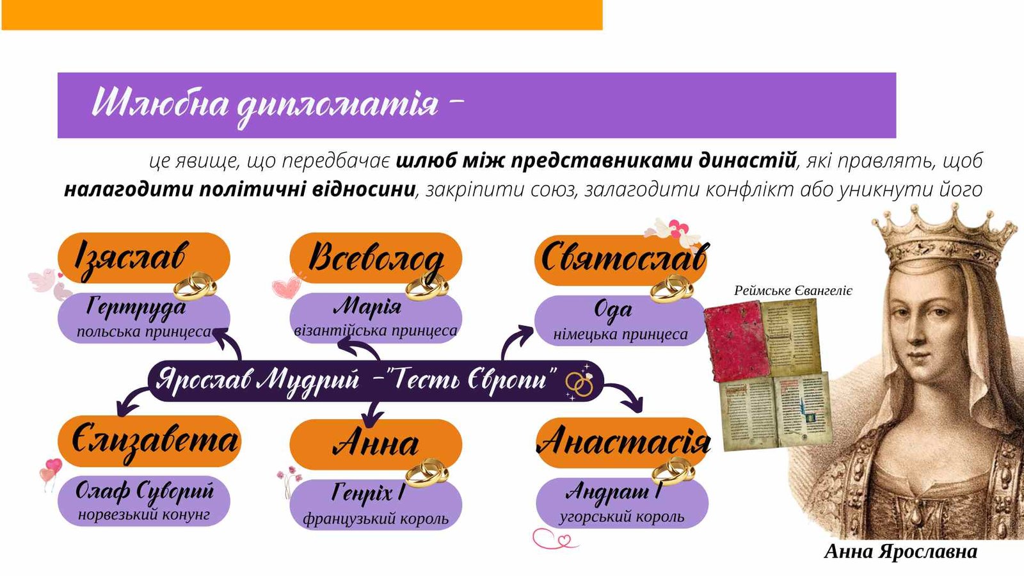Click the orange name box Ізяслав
point(143,259)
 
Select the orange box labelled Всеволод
point(376,259)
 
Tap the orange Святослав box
point(621,260)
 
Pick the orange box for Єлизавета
point(149,442)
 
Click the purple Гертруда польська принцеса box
point(143,318)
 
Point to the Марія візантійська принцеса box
point(376,318)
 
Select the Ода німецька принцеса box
point(620,321)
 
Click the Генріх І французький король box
point(376,505)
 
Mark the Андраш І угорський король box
point(622,503)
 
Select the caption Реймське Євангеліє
point(793,291)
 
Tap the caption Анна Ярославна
point(900,551)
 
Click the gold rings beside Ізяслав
point(195,285)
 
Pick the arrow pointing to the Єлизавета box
point(132,399)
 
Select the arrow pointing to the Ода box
point(515,340)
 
